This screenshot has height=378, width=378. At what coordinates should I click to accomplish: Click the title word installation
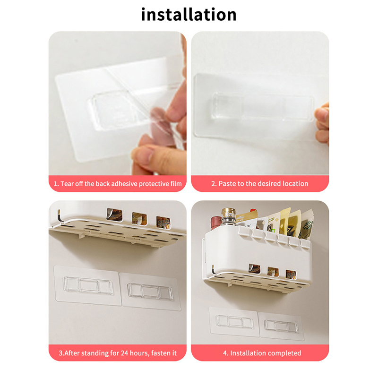click(x=189, y=15)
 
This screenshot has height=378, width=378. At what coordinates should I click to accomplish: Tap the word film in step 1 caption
click(x=176, y=184)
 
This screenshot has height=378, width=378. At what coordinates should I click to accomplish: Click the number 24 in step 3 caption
click(x=124, y=353)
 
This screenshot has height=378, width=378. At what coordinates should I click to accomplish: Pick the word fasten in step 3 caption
click(x=161, y=353)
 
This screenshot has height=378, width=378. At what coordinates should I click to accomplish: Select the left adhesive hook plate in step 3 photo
click(x=87, y=285)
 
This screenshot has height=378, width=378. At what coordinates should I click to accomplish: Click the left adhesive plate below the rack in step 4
click(x=234, y=322)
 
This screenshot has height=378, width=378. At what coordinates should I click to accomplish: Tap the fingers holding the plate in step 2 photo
click(x=322, y=124)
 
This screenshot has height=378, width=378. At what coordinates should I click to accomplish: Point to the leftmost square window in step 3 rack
click(x=114, y=215)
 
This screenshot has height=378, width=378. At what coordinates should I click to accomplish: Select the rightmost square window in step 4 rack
click(x=291, y=275)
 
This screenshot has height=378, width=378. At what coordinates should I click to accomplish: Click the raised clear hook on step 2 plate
click(x=263, y=107)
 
